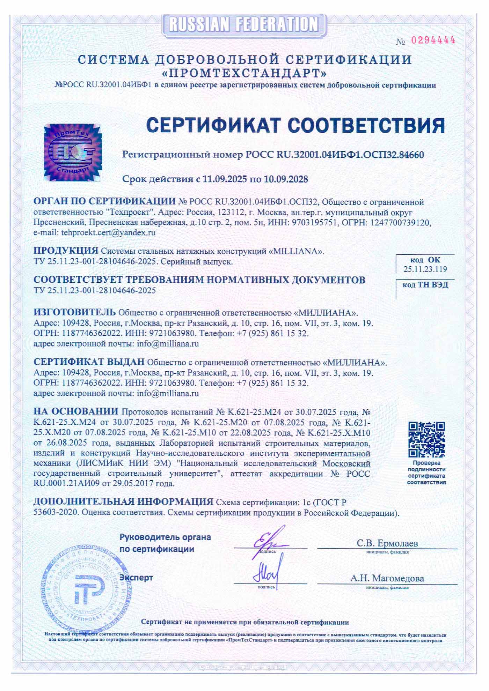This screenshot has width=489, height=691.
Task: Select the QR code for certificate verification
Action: (x=427, y=439)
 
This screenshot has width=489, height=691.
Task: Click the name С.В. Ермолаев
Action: (x=387, y=543)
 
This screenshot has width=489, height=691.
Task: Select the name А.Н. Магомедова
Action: (x=387, y=578)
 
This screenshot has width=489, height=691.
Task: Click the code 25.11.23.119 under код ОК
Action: (x=425, y=269)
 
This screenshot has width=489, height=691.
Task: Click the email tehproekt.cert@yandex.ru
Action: (x=108, y=232)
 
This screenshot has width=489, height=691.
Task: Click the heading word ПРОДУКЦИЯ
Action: (x=66, y=251)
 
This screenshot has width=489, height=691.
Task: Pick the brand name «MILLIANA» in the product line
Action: (x=297, y=251)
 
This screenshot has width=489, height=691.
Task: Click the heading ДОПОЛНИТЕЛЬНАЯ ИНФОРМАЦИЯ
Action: (x=123, y=501)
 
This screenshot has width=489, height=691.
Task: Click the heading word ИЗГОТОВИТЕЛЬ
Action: (x=74, y=311)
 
